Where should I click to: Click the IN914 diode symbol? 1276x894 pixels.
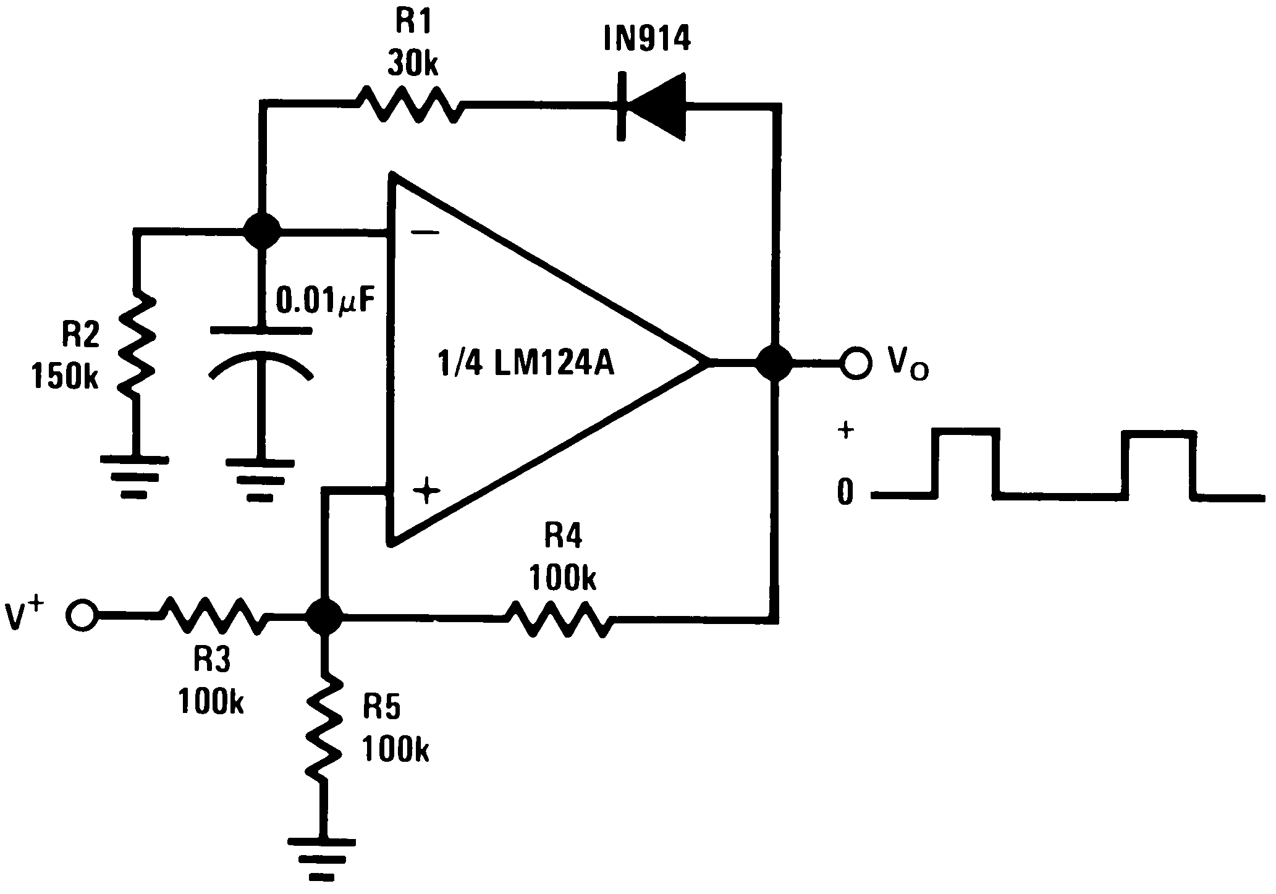[652, 108]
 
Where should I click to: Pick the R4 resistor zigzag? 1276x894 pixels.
[559, 616]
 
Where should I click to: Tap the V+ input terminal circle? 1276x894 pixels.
[82, 615]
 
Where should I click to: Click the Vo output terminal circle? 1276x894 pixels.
[856, 364]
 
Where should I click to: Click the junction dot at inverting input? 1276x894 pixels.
[261, 232]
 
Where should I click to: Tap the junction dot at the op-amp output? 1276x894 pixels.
[774, 363]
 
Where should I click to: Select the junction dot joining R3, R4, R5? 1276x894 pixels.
[324, 616]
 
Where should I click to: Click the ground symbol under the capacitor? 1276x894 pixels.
[260, 479]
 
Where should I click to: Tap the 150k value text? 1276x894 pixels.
[65, 376]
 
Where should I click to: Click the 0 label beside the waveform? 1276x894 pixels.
[845, 492]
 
